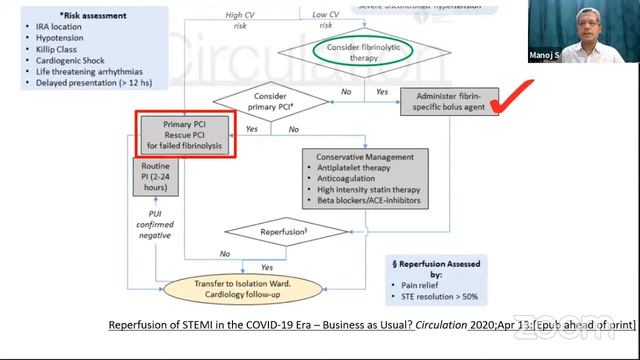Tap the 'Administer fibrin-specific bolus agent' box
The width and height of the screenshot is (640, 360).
tap(449, 100)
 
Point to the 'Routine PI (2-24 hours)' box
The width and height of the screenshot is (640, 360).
tap(155, 178)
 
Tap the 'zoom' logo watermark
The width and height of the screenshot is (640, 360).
tap(606, 333)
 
